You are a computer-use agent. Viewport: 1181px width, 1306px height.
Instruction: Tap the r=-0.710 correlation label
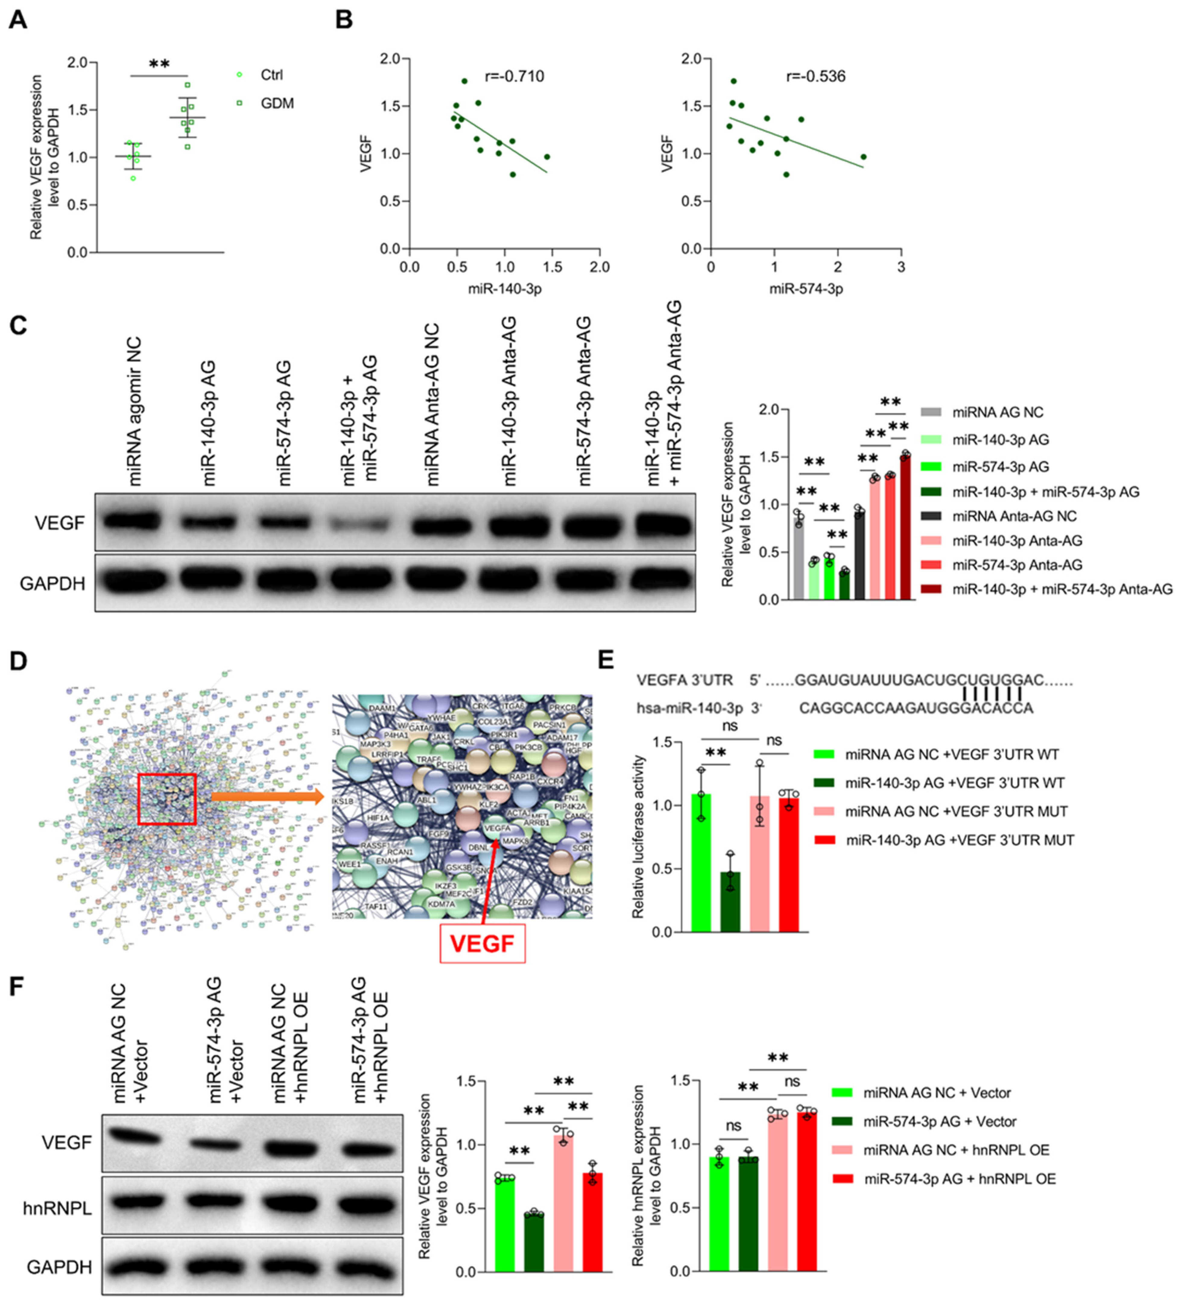[x=515, y=77]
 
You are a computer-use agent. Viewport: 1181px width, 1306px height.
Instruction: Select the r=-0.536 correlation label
[x=815, y=77]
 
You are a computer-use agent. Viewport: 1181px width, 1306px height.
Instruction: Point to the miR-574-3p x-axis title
[x=806, y=289]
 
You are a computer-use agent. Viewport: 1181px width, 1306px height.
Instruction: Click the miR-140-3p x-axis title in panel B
[x=505, y=289]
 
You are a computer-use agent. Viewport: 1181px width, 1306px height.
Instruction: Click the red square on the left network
[x=167, y=799]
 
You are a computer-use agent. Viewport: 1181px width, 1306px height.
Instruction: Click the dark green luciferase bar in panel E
[x=730, y=902]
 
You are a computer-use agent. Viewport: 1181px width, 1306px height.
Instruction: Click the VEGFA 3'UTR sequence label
[x=684, y=680]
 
